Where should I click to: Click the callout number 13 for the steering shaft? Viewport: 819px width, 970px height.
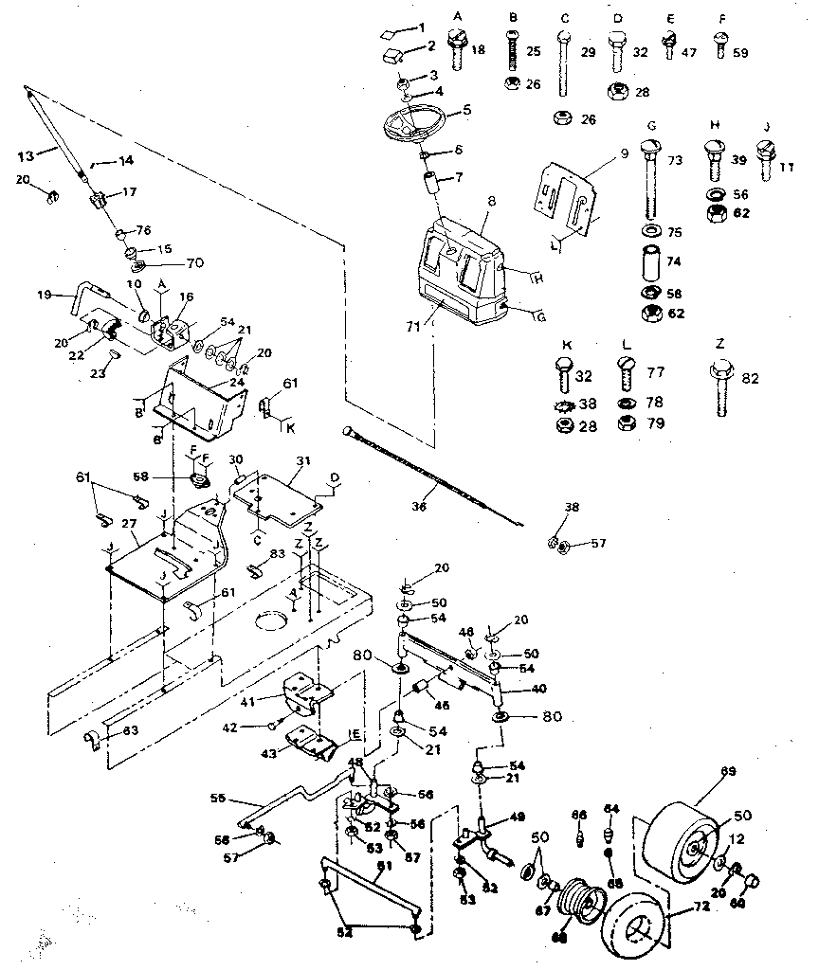(x=26, y=155)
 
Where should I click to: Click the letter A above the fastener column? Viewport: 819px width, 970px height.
(x=457, y=17)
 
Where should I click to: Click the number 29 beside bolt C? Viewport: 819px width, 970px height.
(x=588, y=52)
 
